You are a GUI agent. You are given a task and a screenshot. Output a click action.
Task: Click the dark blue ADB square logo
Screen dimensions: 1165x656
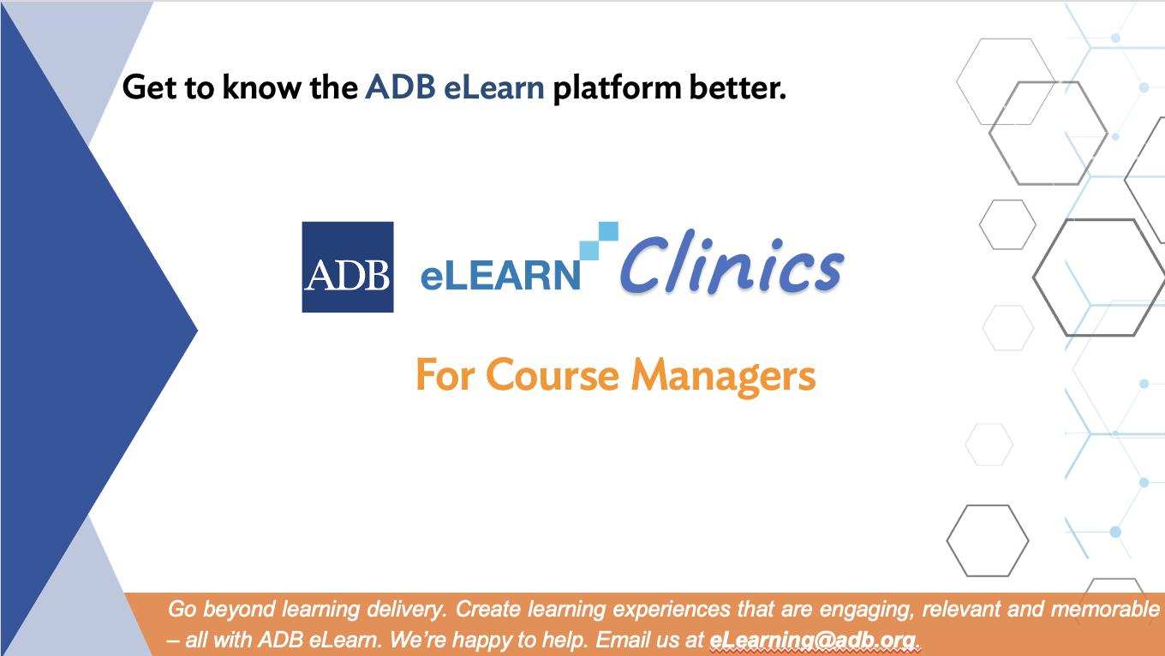[x=348, y=266]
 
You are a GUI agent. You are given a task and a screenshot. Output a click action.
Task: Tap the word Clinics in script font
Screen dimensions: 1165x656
[x=732, y=263]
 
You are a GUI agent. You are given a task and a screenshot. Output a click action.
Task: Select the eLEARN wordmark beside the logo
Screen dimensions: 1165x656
[x=500, y=276]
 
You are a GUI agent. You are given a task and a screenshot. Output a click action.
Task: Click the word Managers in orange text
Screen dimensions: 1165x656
[x=723, y=376]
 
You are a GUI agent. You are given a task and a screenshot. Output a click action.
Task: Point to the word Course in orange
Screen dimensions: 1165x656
[x=553, y=375]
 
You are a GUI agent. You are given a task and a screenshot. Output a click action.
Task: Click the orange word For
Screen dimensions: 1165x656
[x=445, y=375]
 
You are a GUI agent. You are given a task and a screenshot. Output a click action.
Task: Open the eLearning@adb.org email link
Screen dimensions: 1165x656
[x=812, y=641]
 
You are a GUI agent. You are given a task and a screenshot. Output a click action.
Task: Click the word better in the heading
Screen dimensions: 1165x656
[x=738, y=87]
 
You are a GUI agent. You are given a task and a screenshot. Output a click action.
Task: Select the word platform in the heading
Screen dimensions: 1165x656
[x=617, y=88]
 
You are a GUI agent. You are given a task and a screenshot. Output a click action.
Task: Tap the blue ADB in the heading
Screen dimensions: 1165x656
[x=400, y=87]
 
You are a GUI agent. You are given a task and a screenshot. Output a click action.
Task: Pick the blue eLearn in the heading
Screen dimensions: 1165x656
[x=494, y=87]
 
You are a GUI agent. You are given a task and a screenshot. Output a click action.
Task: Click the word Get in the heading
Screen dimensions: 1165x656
[x=150, y=86]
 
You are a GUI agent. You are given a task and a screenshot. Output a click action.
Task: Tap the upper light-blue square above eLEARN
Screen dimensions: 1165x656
[x=608, y=231]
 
